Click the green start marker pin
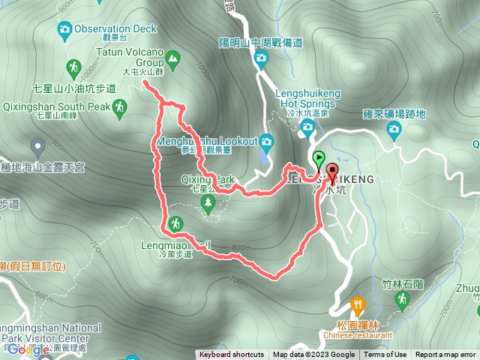pyautogui.click(x=319, y=159)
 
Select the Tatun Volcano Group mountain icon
pyautogui.click(x=173, y=58)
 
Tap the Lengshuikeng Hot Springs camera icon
pyautogui.click(x=307, y=127)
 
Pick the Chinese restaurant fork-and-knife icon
pyautogui.click(x=357, y=304)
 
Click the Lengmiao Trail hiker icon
pyautogui.click(x=175, y=223)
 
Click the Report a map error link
pyautogui.click(x=446, y=355)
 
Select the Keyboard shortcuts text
pyautogui.click(x=231, y=355)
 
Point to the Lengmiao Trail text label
pyautogui.click(x=166, y=244)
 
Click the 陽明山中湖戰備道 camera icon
pyautogui.click(x=260, y=59)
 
